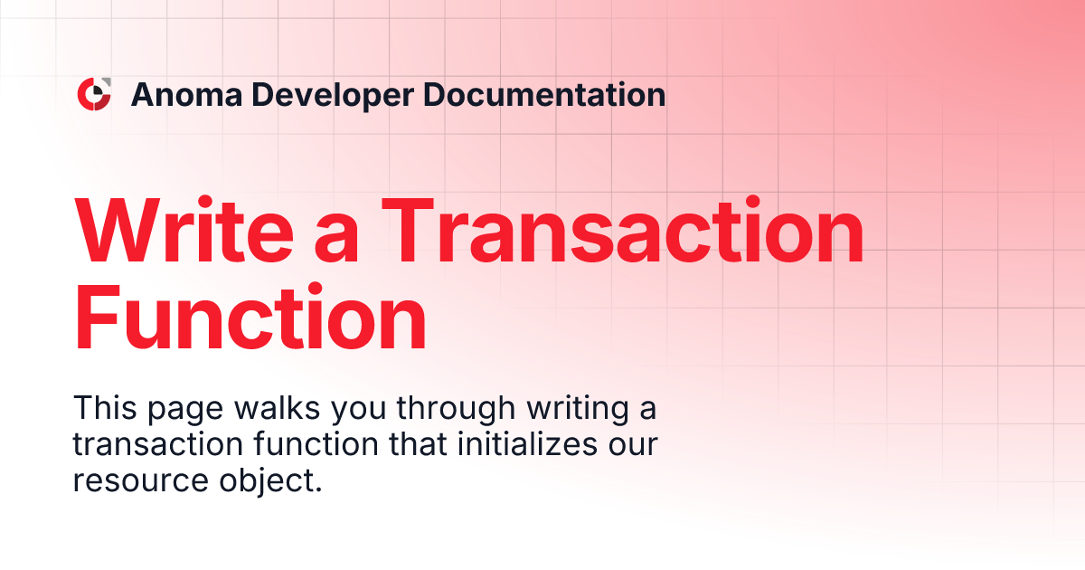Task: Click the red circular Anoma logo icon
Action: tap(94, 94)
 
